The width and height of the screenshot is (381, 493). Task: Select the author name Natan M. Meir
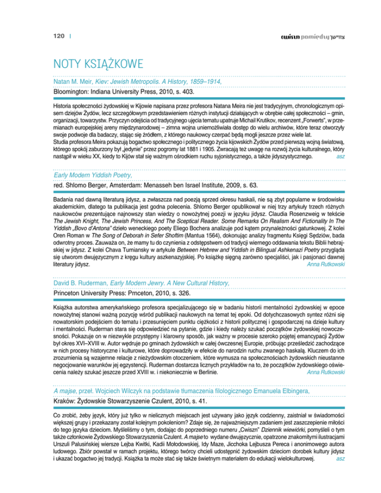click(x=72, y=81)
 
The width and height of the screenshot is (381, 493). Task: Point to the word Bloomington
click(x=72, y=92)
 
